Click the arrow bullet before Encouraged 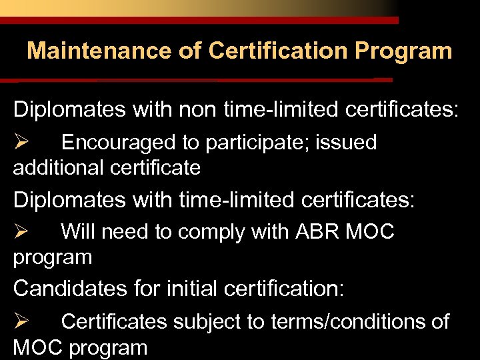pos(20,142)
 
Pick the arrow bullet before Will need pos(20,232)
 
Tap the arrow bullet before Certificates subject pos(20,322)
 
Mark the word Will pos(78,232)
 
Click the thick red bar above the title pos(200,21)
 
